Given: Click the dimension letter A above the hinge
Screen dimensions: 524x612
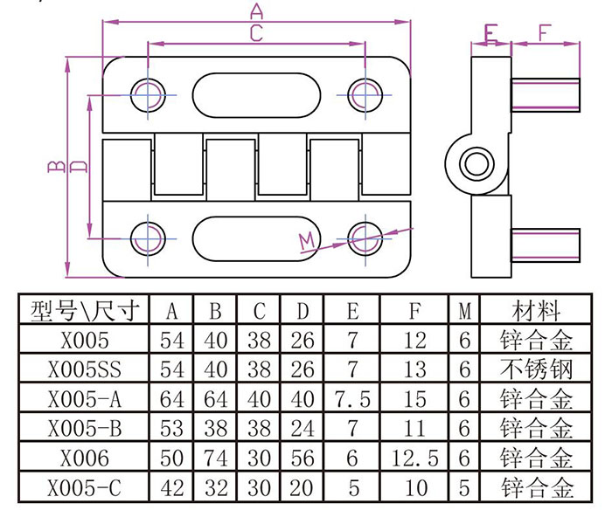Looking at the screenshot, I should point(256,10).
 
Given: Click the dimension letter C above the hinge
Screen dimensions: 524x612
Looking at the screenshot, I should point(256,33).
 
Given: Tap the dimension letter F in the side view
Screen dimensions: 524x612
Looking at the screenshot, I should point(545,33).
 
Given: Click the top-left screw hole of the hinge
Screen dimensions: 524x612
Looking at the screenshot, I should point(149,93).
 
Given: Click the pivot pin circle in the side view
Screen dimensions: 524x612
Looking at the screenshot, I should point(477,162).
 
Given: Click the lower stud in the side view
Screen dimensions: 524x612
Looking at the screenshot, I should point(546,243).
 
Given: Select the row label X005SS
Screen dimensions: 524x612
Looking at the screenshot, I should point(84,369).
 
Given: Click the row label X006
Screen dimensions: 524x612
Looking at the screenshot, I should point(84,458).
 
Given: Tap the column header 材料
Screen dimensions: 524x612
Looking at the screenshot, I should point(536,310).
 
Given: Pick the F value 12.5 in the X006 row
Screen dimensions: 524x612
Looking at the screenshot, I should point(416,458).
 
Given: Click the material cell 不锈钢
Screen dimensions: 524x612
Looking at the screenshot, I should point(536,369).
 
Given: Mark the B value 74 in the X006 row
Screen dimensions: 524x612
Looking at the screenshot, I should point(216,458).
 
